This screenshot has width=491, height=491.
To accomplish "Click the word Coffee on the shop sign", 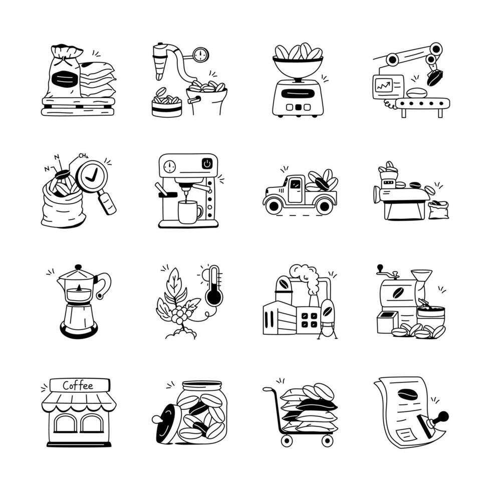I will tap(78, 386).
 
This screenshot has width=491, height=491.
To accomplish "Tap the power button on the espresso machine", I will tap(207, 163).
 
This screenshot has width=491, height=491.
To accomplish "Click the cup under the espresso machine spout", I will tap(188, 211).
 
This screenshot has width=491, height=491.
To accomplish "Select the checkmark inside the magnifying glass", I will tap(92, 176).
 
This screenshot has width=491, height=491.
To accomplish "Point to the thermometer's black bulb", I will tap(214, 297).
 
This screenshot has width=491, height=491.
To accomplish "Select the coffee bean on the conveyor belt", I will tap(416, 93).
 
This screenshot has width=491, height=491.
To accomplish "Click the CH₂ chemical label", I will tap(83, 156).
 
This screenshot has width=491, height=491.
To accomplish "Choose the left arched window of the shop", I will tap(66, 423).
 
